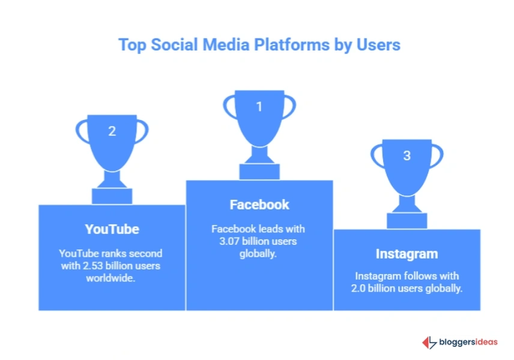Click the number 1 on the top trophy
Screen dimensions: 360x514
tap(259, 107)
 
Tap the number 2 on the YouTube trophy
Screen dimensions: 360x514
tap(112, 131)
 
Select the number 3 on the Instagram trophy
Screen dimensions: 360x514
tap(407, 155)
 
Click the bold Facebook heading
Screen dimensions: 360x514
tap(259, 205)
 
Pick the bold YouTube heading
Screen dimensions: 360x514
tap(112, 229)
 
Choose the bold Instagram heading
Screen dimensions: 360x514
tap(407, 254)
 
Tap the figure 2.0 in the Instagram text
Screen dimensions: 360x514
tap(363, 288)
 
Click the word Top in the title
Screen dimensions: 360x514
tap(131, 45)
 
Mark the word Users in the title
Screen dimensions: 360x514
tap(378, 45)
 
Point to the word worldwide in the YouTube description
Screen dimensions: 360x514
tap(112, 278)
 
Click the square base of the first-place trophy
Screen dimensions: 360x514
tap(259, 172)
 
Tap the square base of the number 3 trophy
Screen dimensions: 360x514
tap(407, 221)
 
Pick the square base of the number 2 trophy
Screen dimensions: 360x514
tap(112, 196)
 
